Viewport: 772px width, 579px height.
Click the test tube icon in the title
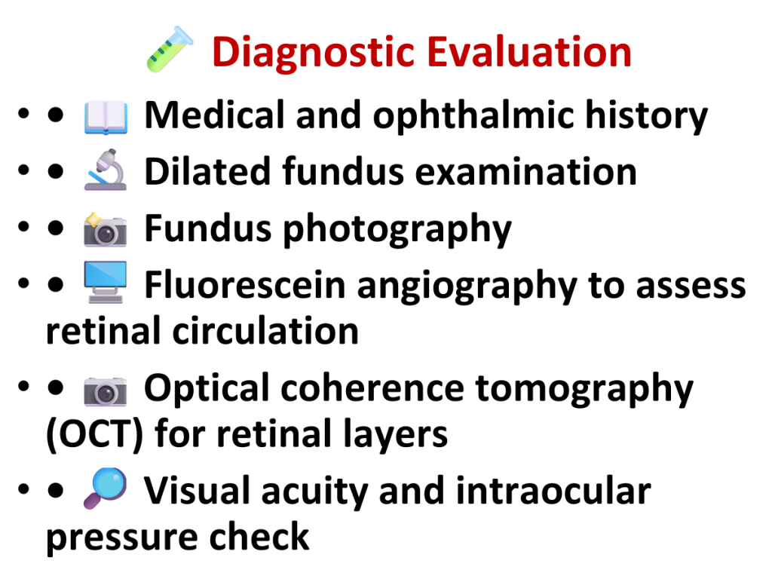[x=170, y=50]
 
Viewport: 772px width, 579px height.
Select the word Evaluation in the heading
[x=529, y=52]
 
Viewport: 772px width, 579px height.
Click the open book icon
[x=106, y=117]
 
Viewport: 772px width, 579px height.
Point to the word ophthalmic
[x=473, y=117]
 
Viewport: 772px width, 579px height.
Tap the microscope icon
[x=106, y=170]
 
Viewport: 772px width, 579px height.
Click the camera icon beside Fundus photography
[x=106, y=229]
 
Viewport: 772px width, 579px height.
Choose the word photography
[x=397, y=230]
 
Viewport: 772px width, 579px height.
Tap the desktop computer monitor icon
[x=106, y=282]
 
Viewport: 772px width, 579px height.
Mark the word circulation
[x=265, y=331]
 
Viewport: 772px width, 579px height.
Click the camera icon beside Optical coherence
[x=106, y=391]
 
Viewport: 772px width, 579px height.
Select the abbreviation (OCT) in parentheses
[x=94, y=434]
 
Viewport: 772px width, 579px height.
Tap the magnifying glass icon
[x=106, y=488]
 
